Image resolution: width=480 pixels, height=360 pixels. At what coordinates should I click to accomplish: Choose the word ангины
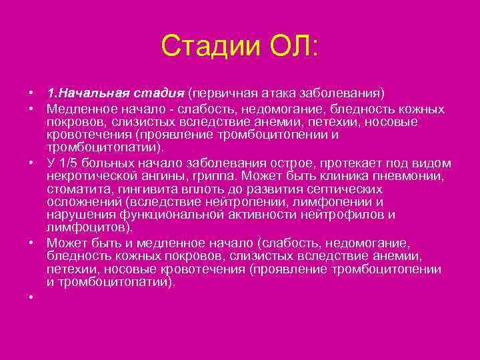[x=167, y=176]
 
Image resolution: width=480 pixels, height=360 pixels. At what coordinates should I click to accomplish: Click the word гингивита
[x=143, y=189]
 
